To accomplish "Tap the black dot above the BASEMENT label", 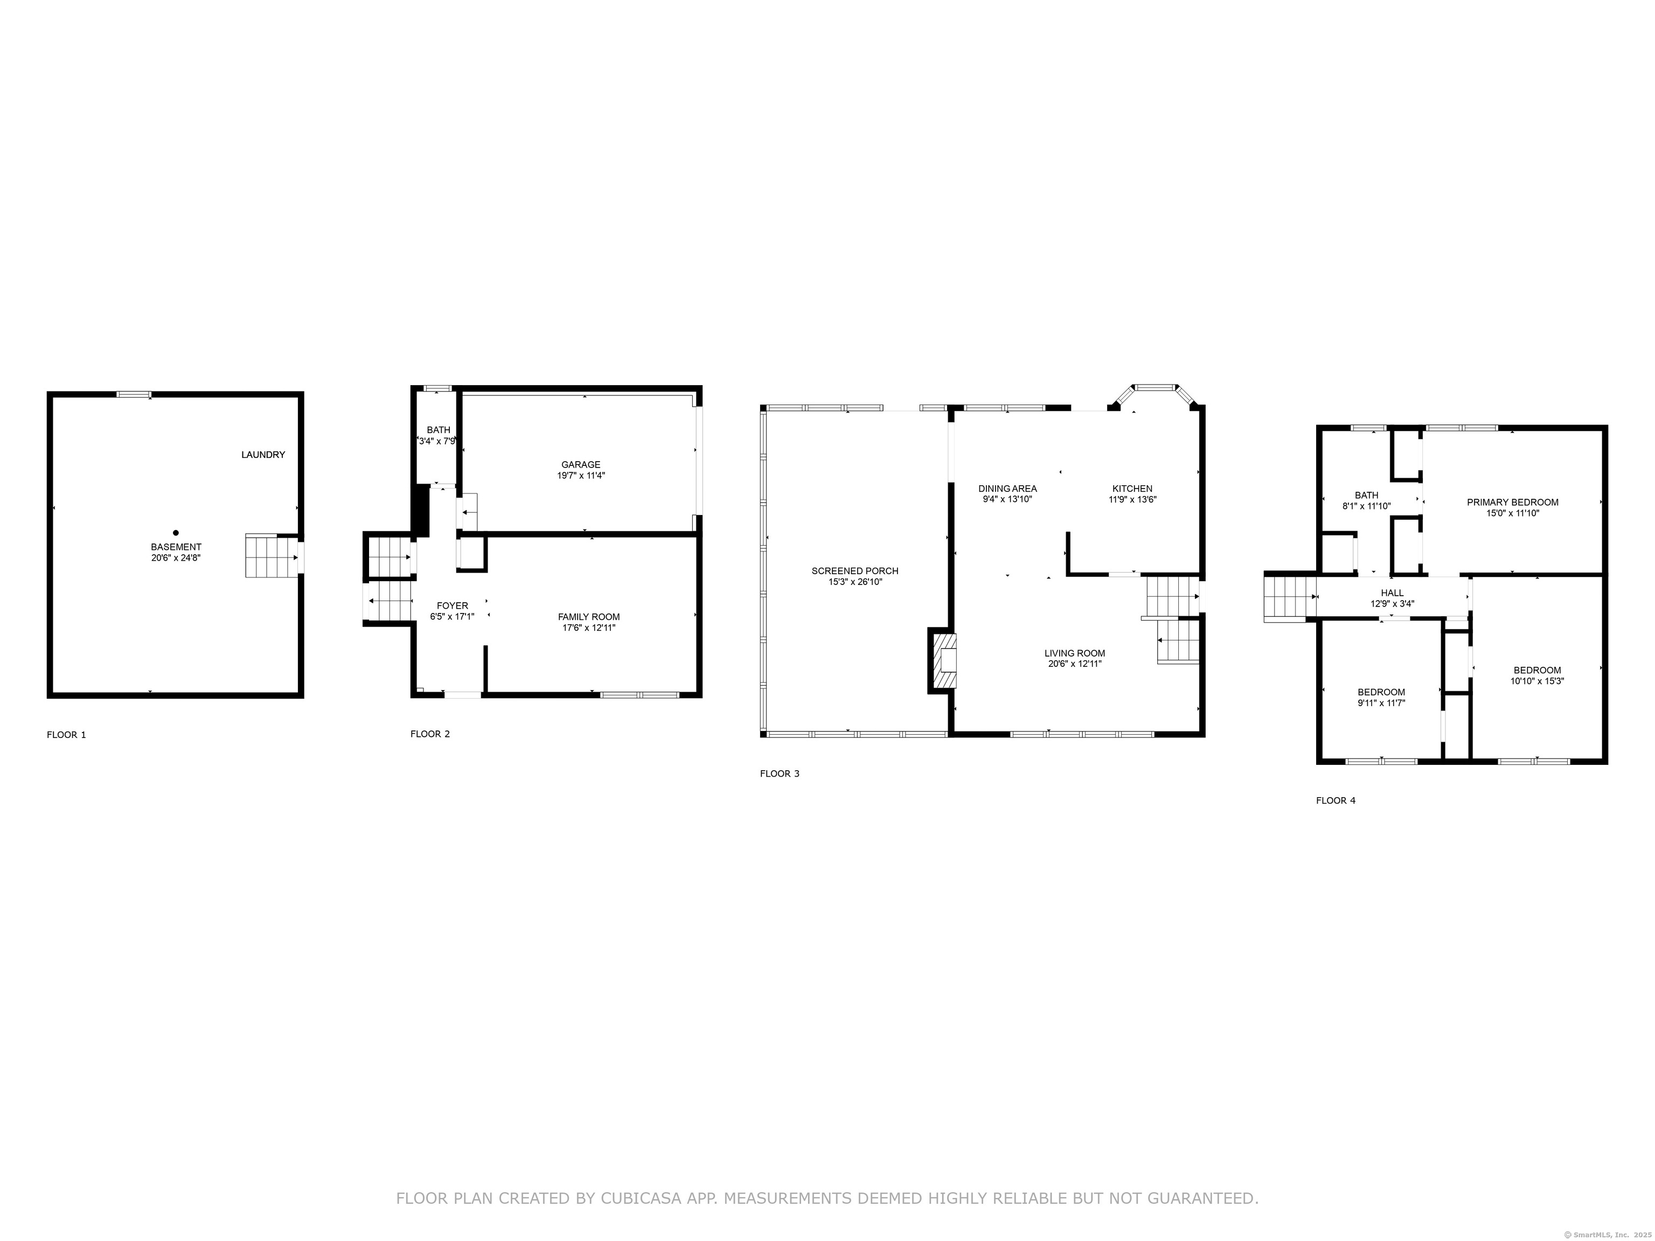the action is pyautogui.click(x=176, y=533).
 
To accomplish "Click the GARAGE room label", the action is pyautogui.click(x=581, y=464).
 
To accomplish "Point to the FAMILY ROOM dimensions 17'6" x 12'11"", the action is pyautogui.click(x=589, y=628).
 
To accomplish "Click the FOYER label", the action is pyautogui.click(x=452, y=606).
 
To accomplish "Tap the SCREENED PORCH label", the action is pyautogui.click(x=854, y=571).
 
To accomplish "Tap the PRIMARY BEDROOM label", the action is pyautogui.click(x=1512, y=502).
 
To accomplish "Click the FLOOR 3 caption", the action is pyautogui.click(x=780, y=773).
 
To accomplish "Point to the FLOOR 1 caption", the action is pyautogui.click(x=67, y=735).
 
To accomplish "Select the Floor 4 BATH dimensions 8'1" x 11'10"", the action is pyautogui.click(x=1366, y=506).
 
